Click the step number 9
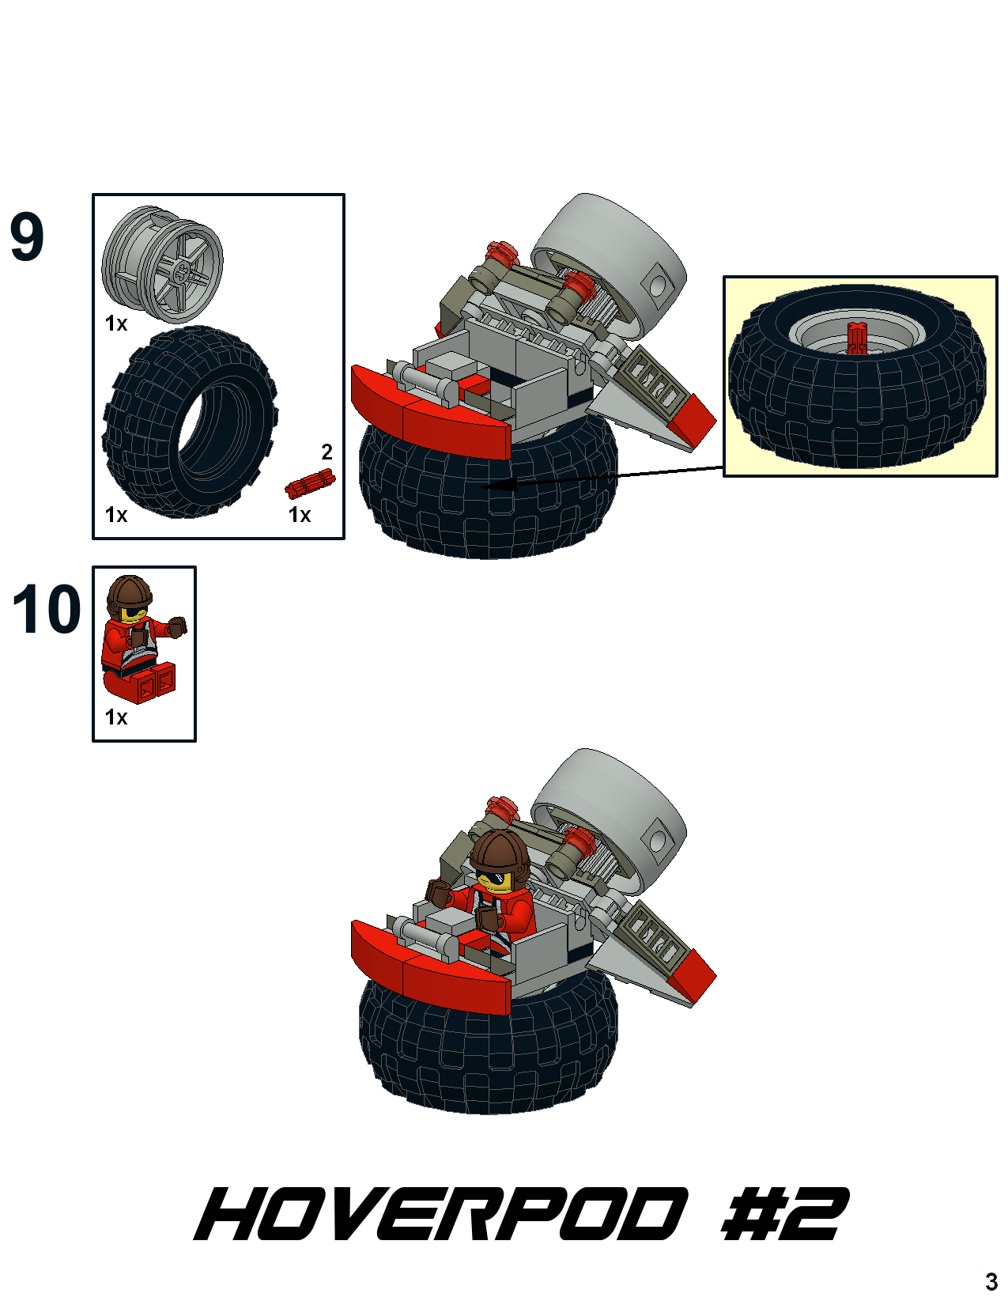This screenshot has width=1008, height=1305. (27, 236)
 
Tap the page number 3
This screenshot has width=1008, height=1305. (991, 1281)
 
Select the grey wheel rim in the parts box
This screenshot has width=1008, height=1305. (162, 265)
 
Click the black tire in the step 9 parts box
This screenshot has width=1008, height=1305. (190, 422)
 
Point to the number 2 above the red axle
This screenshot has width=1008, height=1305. (327, 452)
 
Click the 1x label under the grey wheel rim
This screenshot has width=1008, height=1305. (116, 323)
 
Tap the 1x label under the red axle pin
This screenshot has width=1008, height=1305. (299, 515)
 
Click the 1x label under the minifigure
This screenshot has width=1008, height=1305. (116, 717)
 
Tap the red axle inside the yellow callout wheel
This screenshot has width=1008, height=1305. (856, 338)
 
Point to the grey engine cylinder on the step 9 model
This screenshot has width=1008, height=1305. (610, 264)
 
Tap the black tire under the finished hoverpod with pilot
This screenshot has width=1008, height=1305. (488, 1049)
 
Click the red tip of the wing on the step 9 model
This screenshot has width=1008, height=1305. (693, 422)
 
